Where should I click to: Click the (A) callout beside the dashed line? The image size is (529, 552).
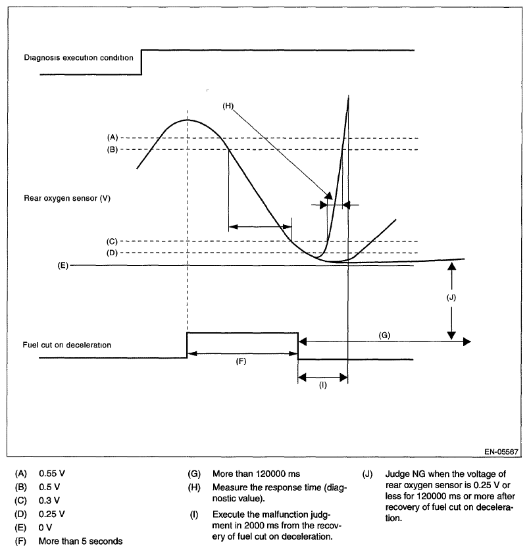(112, 138)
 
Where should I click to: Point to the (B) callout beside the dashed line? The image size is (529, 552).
(112, 150)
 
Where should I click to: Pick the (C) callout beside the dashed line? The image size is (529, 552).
(112, 241)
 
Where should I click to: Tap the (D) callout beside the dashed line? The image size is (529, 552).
(112, 253)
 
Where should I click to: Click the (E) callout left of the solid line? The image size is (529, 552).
(62, 266)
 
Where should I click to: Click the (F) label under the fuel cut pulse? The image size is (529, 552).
(241, 362)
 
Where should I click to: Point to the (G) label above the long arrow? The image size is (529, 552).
(385, 335)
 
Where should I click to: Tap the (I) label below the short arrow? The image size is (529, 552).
(322, 385)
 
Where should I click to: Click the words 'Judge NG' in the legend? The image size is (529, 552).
(398, 473)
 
